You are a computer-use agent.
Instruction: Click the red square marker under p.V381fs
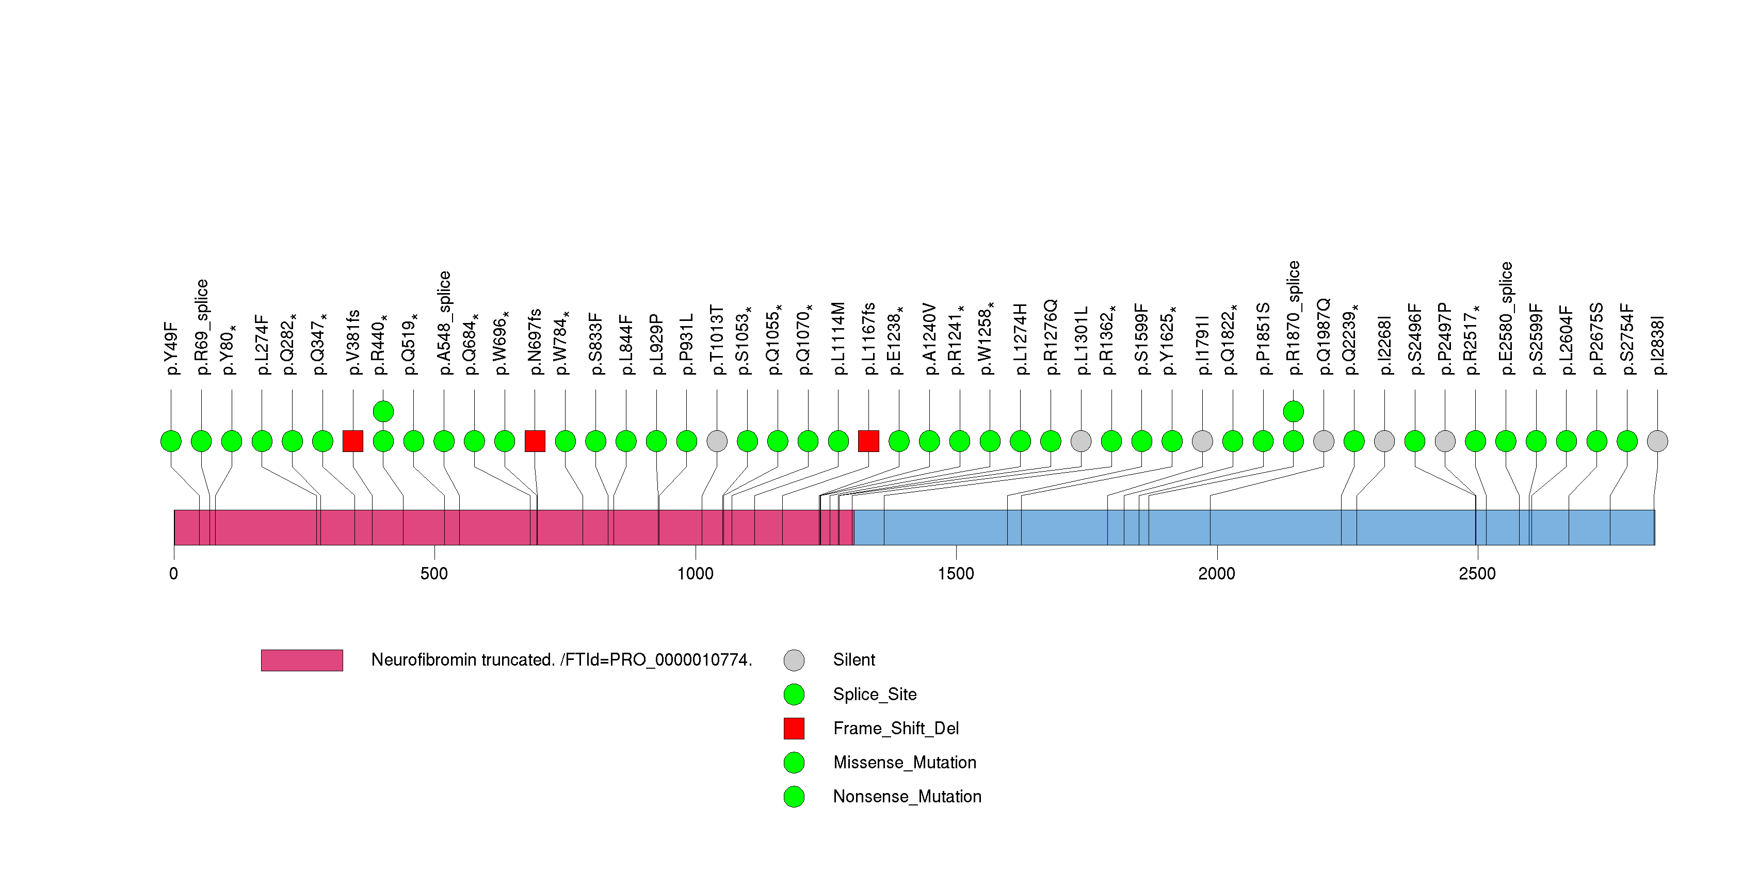[x=353, y=441]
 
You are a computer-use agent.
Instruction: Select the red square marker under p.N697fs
[x=535, y=441]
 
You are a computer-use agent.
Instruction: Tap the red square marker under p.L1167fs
[x=868, y=441]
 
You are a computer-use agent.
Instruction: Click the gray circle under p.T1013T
[x=717, y=441]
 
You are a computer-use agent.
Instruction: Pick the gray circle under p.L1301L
[x=1080, y=441]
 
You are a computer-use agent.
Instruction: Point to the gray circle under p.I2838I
[x=1657, y=441]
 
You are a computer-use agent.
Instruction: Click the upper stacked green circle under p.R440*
[x=383, y=411]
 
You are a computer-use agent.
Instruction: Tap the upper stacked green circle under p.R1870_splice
[x=1293, y=411]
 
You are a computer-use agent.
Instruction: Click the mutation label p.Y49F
[x=172, y=348]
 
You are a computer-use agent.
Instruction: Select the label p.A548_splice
[x=444, y=322]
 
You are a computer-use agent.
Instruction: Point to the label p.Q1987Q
[x=1324, y=336]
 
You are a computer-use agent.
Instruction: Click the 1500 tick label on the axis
[x=956, y=574]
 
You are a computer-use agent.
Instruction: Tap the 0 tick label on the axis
[x=174, y=574]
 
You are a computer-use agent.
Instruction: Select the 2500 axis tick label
[x=1477, y=574]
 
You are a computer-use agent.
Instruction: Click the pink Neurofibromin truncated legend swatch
[x=302, y=660]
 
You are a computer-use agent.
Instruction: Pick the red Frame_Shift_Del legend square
[x=794, y=728]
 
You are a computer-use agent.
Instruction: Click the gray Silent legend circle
[x=794, y=660]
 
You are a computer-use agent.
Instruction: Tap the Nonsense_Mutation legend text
[x=907, y=796]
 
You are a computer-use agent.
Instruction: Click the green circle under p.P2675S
[x=1596, y=441]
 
